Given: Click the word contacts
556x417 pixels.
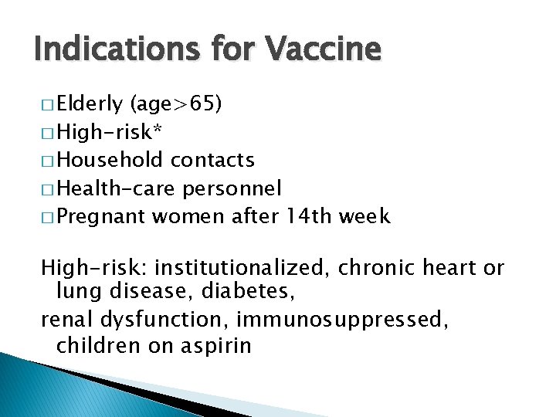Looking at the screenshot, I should coord(212,160).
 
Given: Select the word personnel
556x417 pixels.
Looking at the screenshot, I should coord(232,188).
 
